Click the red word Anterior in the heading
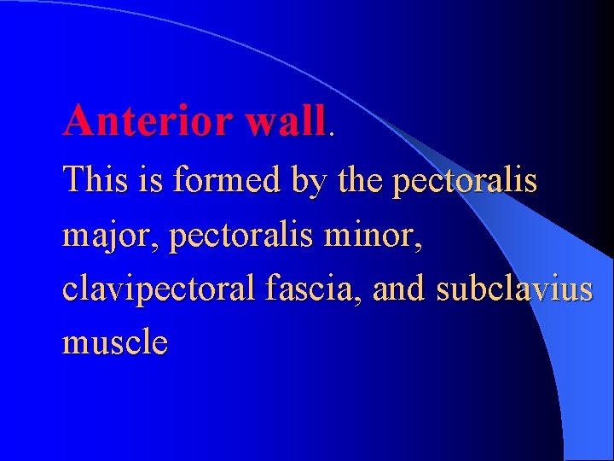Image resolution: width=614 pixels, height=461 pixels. [147, 120]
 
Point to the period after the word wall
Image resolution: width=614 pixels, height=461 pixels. [332, 133]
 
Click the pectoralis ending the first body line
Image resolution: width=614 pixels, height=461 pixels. [465, 182]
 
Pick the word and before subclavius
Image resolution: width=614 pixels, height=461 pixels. [400, 289]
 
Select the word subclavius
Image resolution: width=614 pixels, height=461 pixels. [514, 289]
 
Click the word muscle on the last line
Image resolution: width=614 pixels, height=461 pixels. [115, 343]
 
